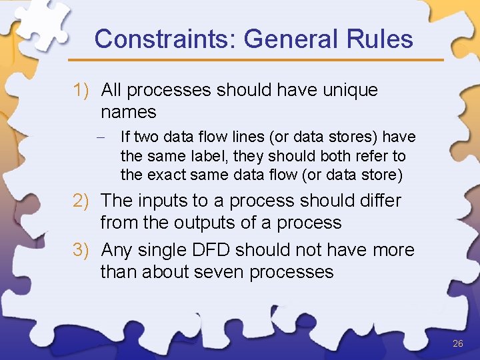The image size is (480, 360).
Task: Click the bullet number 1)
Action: point(85,90)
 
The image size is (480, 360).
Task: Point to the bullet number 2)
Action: point(85,201)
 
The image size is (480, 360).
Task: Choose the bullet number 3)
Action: point(85,250)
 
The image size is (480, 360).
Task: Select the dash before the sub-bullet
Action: point(107,137)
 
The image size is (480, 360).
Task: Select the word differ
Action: point(379,201)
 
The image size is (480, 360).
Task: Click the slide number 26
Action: point(457,343)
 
